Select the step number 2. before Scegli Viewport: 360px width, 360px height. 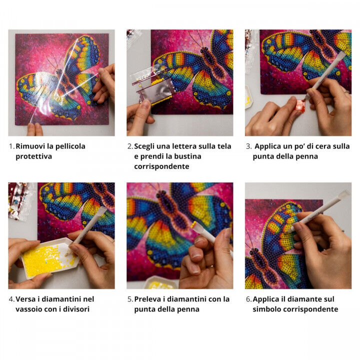pos(130,146)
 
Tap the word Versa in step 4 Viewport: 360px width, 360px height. pos(25,299)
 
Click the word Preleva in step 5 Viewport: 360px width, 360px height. pos(148,299)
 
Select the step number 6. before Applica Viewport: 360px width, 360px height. pos(248,299)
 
